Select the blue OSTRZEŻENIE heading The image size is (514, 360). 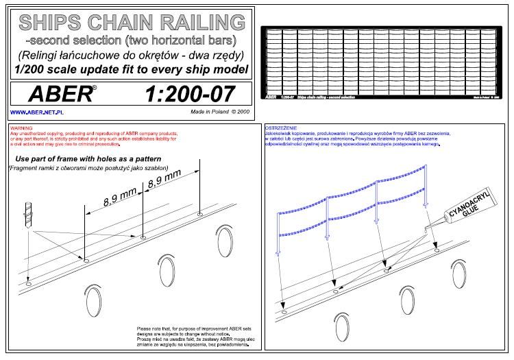point(282,128)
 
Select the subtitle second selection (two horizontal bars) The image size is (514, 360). point(130,39)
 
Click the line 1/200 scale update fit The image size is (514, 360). point(130,69)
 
